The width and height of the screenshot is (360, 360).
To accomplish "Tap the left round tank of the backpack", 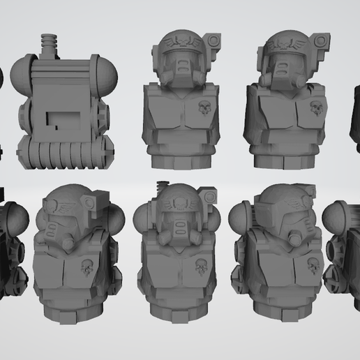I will pos(22,71).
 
